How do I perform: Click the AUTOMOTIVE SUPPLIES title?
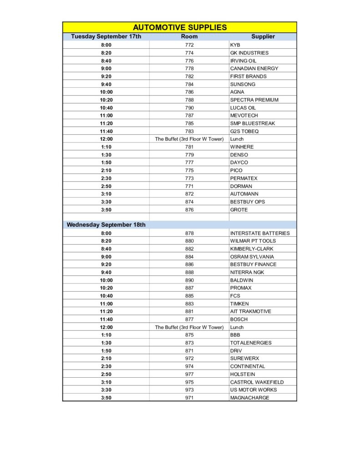[x=180, y=27]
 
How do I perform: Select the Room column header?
[x=189, y=36]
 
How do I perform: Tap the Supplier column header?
[x=263, y=36]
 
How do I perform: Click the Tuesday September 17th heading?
[x=106, y=36]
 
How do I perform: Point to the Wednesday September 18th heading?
[x=106, y=225]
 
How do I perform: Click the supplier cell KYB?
[x=235, y=45]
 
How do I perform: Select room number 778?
[x=189, y=68]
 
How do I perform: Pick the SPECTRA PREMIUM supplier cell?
[x=254, y=100]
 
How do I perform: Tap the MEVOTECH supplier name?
[x=244, y=116]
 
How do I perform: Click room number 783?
[x=189, y=131]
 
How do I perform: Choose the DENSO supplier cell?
[x=239, y=155]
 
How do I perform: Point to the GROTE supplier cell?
[x=239, y=210]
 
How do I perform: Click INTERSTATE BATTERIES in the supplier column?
[x=260, y=233]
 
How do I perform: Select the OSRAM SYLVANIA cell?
[x=252, y=257]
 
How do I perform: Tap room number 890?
[x=189, y=280]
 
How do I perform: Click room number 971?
[x=189, y=398]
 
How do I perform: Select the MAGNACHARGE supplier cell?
[x=249, y=398]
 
